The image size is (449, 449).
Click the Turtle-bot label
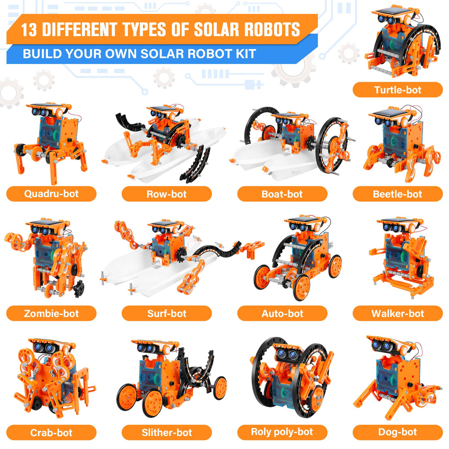398,90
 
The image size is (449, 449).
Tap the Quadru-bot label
51,194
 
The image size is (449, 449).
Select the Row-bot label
167,194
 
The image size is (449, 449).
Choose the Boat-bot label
282,194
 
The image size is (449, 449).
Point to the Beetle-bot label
398,194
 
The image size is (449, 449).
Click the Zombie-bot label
51,313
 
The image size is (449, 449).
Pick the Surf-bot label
167,313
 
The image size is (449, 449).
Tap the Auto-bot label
282,313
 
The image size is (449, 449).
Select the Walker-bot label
398,313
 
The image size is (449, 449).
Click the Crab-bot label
51,432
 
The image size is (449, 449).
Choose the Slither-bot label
167,432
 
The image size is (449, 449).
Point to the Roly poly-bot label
282,432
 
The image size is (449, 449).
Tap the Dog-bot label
398,432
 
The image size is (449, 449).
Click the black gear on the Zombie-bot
79,289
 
